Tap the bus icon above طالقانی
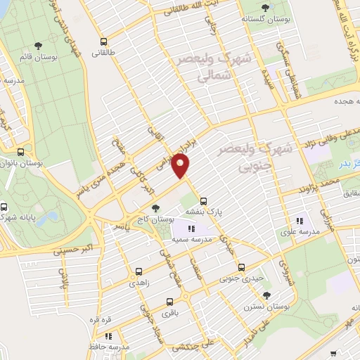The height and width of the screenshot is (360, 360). click(x=104, y=41)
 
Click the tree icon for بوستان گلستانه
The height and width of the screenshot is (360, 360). click(x=265, y=8)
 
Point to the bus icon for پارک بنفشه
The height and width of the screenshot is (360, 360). click(x=203, y=200)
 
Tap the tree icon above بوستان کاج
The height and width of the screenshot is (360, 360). click(x=155, y=208)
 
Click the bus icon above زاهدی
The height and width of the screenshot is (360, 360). click(x=139, y=270)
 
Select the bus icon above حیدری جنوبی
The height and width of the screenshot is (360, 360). click(x=241, y=267)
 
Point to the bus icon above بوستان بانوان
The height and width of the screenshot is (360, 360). click(x=21, y=152)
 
